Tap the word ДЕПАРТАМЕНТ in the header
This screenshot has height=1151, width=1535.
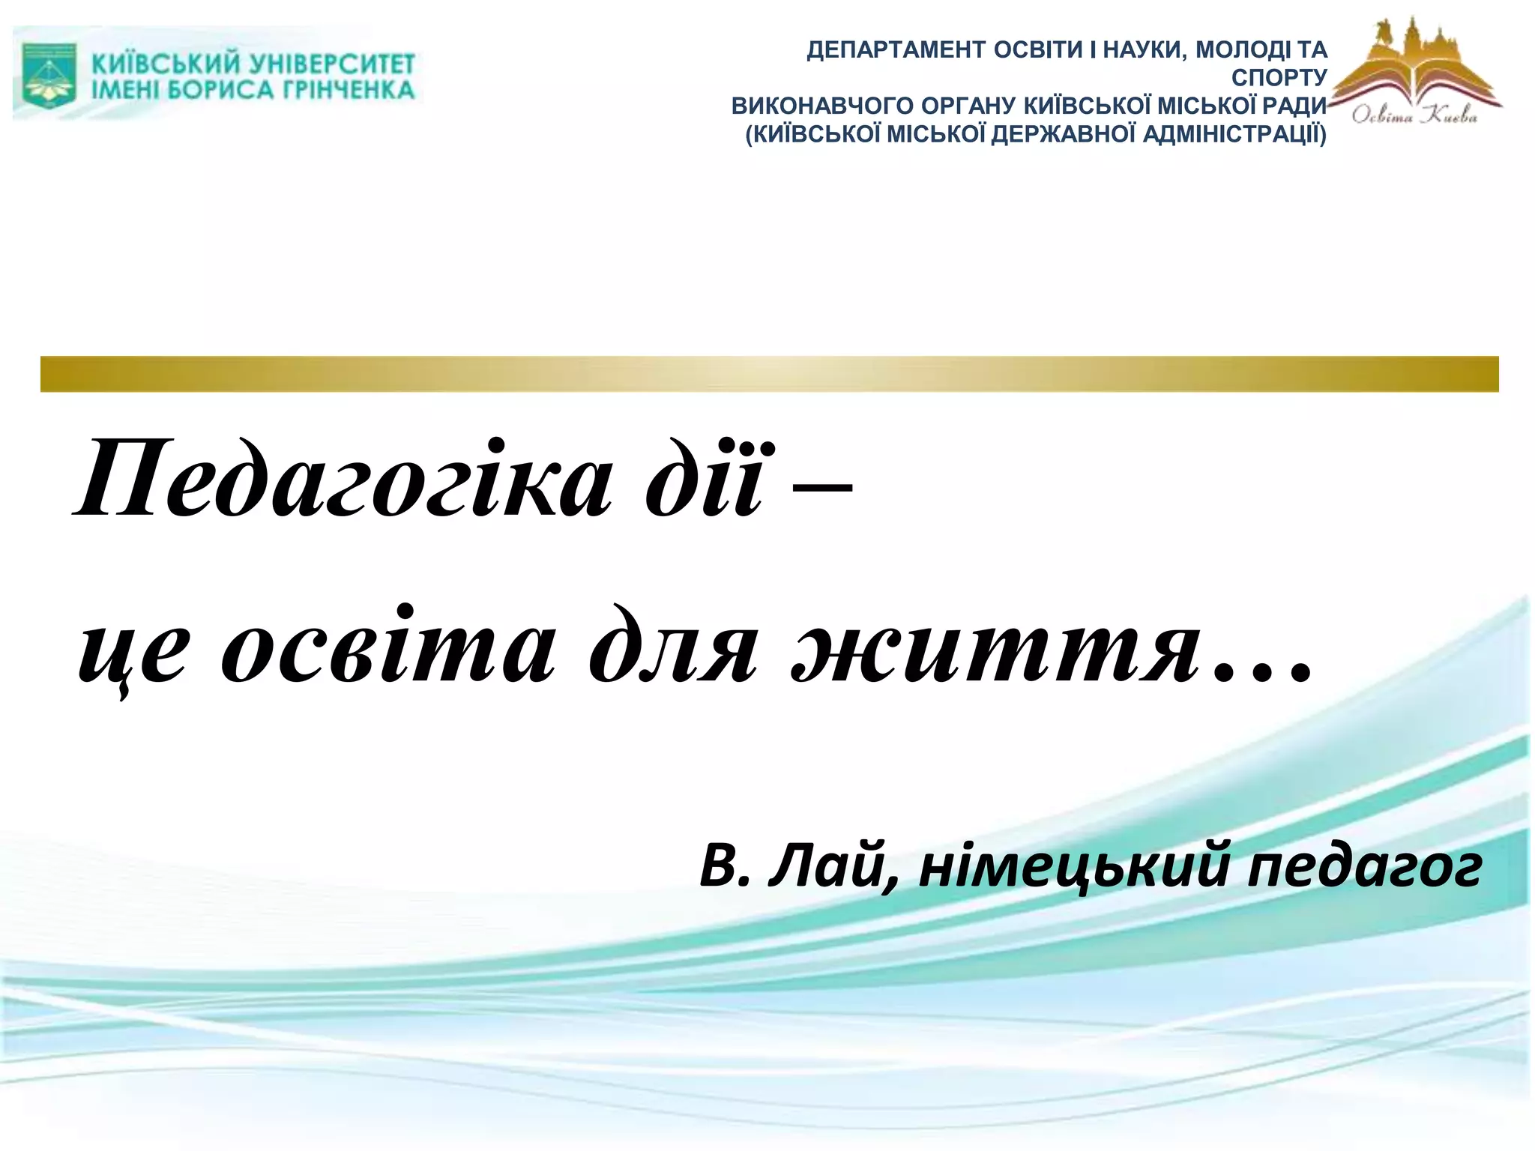pyautogui.click(x=895, y=50)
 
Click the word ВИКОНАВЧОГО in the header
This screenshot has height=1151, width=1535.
pyautogui.click(x=820, y=106)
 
